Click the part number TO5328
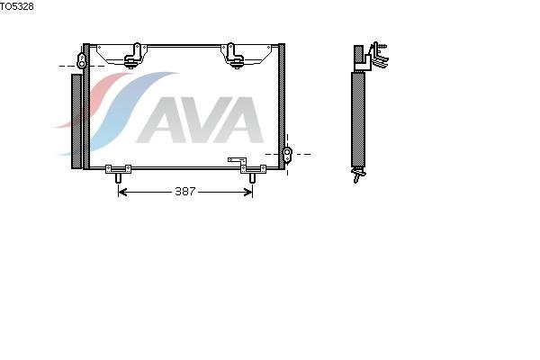pos(17,6)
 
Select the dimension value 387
pos(185,192)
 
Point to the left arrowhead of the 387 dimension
pos(122,192)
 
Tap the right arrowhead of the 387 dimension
pos(248,192)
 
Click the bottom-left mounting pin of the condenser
pos(118,178)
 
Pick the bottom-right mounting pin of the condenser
pos(252,178)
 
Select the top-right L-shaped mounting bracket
pos(233,56)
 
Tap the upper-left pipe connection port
pos(81,61)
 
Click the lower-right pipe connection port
pos(287,153)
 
